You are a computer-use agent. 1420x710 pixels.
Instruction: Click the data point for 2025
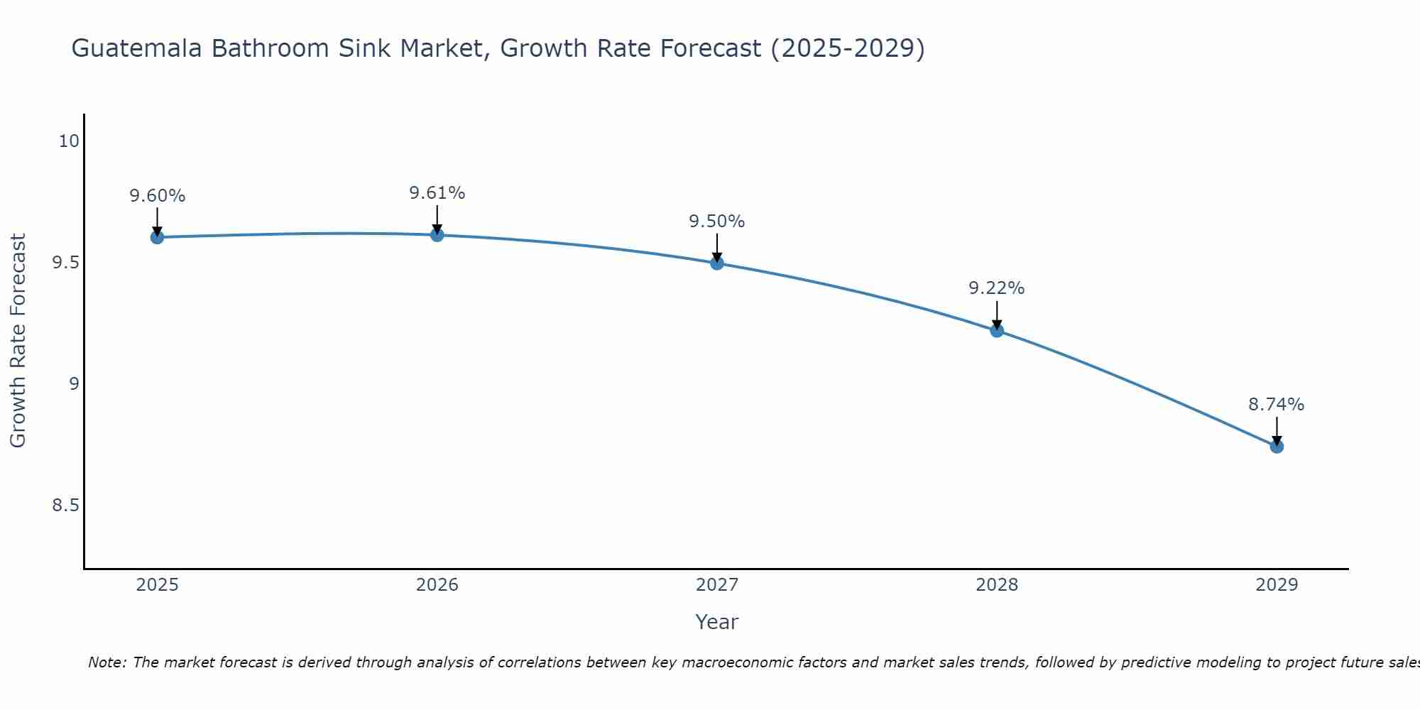[x=157, y=237]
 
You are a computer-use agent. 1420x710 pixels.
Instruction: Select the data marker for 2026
[x=437, y=235]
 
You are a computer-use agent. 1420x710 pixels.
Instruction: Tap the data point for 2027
[x=717, y=263]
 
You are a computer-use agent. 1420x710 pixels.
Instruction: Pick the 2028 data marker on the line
[x=997, y=330]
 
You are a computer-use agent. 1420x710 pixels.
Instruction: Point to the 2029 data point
[x=1277, y=447]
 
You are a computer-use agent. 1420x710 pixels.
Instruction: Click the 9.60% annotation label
[x=157, y=196]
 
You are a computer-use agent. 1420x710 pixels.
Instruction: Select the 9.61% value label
[x=437, y=193]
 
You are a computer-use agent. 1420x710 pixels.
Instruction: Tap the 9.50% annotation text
[x=717, y=222]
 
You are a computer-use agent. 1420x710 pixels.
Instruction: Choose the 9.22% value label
[x=997, y=288]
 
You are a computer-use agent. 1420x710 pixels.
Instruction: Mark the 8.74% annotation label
[x=1277, y=405]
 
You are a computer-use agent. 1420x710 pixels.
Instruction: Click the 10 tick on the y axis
[x=69, y=141]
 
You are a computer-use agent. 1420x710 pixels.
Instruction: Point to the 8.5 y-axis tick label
[x=65, y=506]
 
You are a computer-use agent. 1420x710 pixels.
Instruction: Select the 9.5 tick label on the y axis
[x=65, y=263]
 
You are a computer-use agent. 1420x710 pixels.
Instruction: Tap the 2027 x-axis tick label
[x=717, y=585]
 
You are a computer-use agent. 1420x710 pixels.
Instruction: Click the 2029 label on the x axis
[x=1277, y=585]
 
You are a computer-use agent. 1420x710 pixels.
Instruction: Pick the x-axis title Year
[x=717, y=622]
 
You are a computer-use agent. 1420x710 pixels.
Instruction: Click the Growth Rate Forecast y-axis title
[x=18, y=341]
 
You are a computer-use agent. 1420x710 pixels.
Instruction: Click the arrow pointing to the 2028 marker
[x=997, y=315]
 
